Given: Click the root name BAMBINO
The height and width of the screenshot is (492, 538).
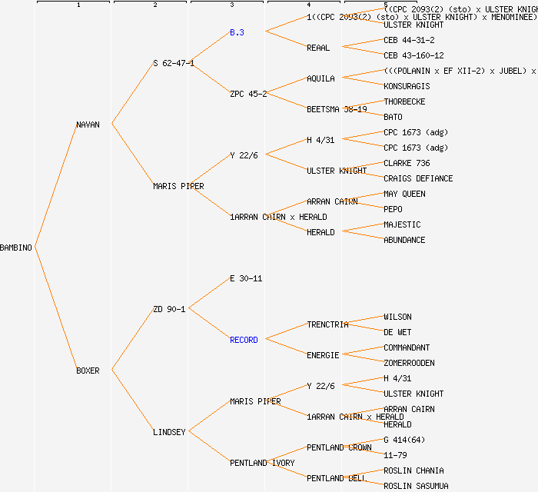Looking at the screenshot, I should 16,248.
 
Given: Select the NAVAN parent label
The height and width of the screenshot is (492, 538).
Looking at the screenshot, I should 88,125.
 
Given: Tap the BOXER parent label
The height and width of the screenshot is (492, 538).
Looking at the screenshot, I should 88,371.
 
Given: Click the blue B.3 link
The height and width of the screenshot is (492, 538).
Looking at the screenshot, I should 237,32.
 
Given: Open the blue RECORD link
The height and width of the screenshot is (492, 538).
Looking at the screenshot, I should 244,340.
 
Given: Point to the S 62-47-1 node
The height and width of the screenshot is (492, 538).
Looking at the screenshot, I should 173,63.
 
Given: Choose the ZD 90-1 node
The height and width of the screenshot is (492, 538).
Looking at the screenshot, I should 169,309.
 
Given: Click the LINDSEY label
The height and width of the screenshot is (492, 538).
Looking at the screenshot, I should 169,432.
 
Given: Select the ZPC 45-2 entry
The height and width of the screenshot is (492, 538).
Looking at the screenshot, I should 248,94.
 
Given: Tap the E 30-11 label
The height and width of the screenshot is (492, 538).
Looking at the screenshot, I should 246,278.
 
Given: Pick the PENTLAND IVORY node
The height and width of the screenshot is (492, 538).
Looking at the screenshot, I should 261,463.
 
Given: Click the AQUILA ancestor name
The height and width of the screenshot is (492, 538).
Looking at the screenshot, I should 320,78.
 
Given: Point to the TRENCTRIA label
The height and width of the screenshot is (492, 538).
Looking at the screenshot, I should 327,324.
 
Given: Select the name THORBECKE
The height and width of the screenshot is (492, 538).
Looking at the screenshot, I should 404,101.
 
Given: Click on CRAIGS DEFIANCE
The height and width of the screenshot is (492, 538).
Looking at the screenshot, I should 418,178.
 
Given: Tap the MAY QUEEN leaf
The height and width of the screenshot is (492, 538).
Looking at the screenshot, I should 404,194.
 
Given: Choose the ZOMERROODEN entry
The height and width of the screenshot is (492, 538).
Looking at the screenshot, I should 409,363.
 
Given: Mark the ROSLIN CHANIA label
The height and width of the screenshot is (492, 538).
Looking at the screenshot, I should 413,470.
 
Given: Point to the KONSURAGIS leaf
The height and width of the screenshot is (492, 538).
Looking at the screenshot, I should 407,86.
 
